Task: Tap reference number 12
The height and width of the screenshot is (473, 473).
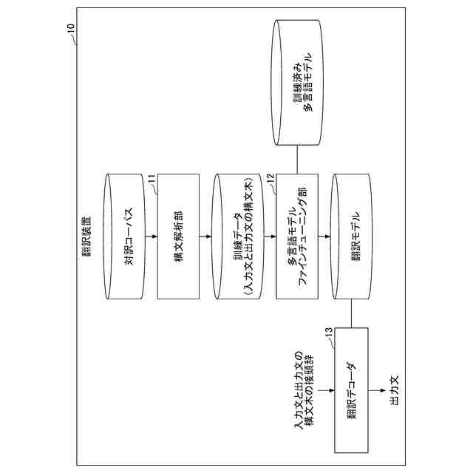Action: pyautogui.click(x=270, y=177)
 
